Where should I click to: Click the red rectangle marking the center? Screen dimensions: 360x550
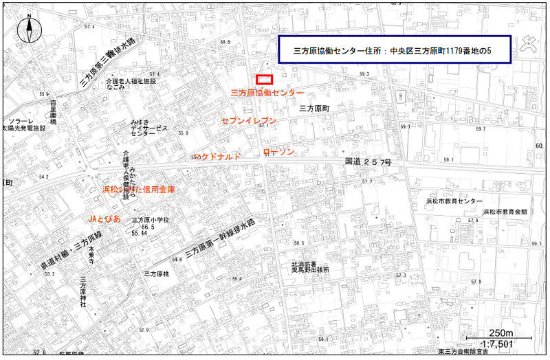(265, 80)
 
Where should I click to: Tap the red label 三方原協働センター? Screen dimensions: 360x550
(267, 92)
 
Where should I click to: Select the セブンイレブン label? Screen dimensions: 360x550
(248, 121)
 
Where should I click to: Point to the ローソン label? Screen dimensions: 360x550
(278, 151)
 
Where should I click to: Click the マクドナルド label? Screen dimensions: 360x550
(217, 157)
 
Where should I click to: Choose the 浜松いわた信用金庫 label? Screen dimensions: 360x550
(138, 189)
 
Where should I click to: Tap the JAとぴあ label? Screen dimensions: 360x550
(104, 218)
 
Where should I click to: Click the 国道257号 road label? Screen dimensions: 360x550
(367, 162)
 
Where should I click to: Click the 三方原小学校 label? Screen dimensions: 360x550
(145, 220)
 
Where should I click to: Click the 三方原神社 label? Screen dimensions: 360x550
(82, 293)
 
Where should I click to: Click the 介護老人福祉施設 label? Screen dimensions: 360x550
(131, 81)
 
